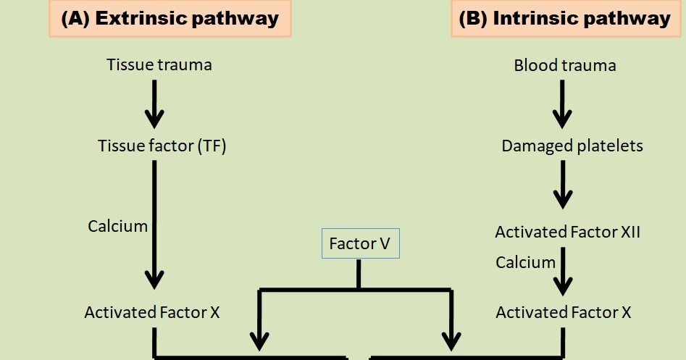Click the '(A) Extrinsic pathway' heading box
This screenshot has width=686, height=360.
170,18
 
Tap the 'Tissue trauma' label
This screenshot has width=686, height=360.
159,64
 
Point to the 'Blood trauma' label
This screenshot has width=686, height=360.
565,65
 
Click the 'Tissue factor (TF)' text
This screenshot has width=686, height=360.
162,146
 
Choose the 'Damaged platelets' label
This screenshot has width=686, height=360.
572,146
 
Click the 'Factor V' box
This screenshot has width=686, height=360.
360,244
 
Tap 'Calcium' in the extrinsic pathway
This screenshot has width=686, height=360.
118,226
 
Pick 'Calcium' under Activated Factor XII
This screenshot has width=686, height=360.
526,261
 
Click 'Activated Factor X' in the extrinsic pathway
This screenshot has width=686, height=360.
152,313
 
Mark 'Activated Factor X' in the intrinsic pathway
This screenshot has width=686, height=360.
564,313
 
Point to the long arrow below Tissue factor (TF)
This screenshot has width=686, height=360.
154,225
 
